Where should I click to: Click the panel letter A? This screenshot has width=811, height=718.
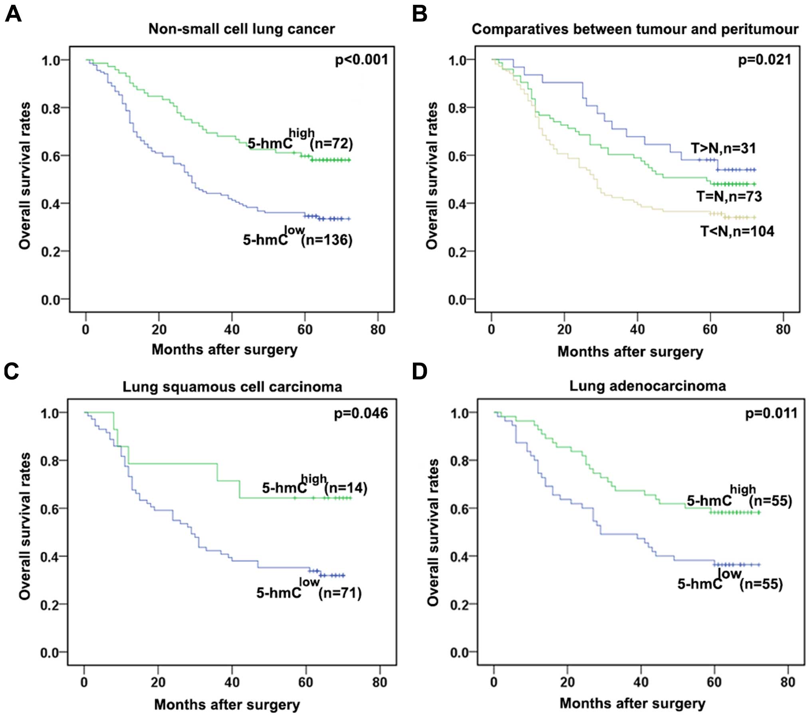[13, 15]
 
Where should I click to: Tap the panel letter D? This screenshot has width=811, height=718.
[419, 371]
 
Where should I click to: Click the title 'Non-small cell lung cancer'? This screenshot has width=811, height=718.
[242, 29]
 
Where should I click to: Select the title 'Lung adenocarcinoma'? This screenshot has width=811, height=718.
[647, 386]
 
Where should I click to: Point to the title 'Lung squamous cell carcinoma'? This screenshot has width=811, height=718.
[232, 387]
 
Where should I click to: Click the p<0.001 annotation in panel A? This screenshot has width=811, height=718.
[361, 60]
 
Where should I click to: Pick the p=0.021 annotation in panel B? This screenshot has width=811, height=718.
[764, 60]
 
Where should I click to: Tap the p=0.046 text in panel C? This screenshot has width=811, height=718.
[361, 413]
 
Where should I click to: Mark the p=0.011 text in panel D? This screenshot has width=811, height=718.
[771, 413]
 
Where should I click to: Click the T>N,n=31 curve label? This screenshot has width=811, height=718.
[724, 148]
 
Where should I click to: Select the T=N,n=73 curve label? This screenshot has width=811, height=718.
[729, 196]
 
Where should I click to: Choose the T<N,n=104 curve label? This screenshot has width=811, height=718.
[737, 231]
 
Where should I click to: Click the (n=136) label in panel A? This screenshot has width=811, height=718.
[327, 240]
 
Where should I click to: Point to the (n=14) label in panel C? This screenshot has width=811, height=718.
[345, 488]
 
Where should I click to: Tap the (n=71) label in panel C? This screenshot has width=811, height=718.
[340, 593]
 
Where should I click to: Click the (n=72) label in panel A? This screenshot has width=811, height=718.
[331, 144]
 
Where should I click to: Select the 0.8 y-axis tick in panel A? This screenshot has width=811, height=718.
[50, 108]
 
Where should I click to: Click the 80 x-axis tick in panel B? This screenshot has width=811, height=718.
[783, 329]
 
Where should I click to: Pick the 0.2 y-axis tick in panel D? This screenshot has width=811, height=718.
[460, 605]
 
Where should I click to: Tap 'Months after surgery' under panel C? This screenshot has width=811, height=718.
[227, 705]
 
